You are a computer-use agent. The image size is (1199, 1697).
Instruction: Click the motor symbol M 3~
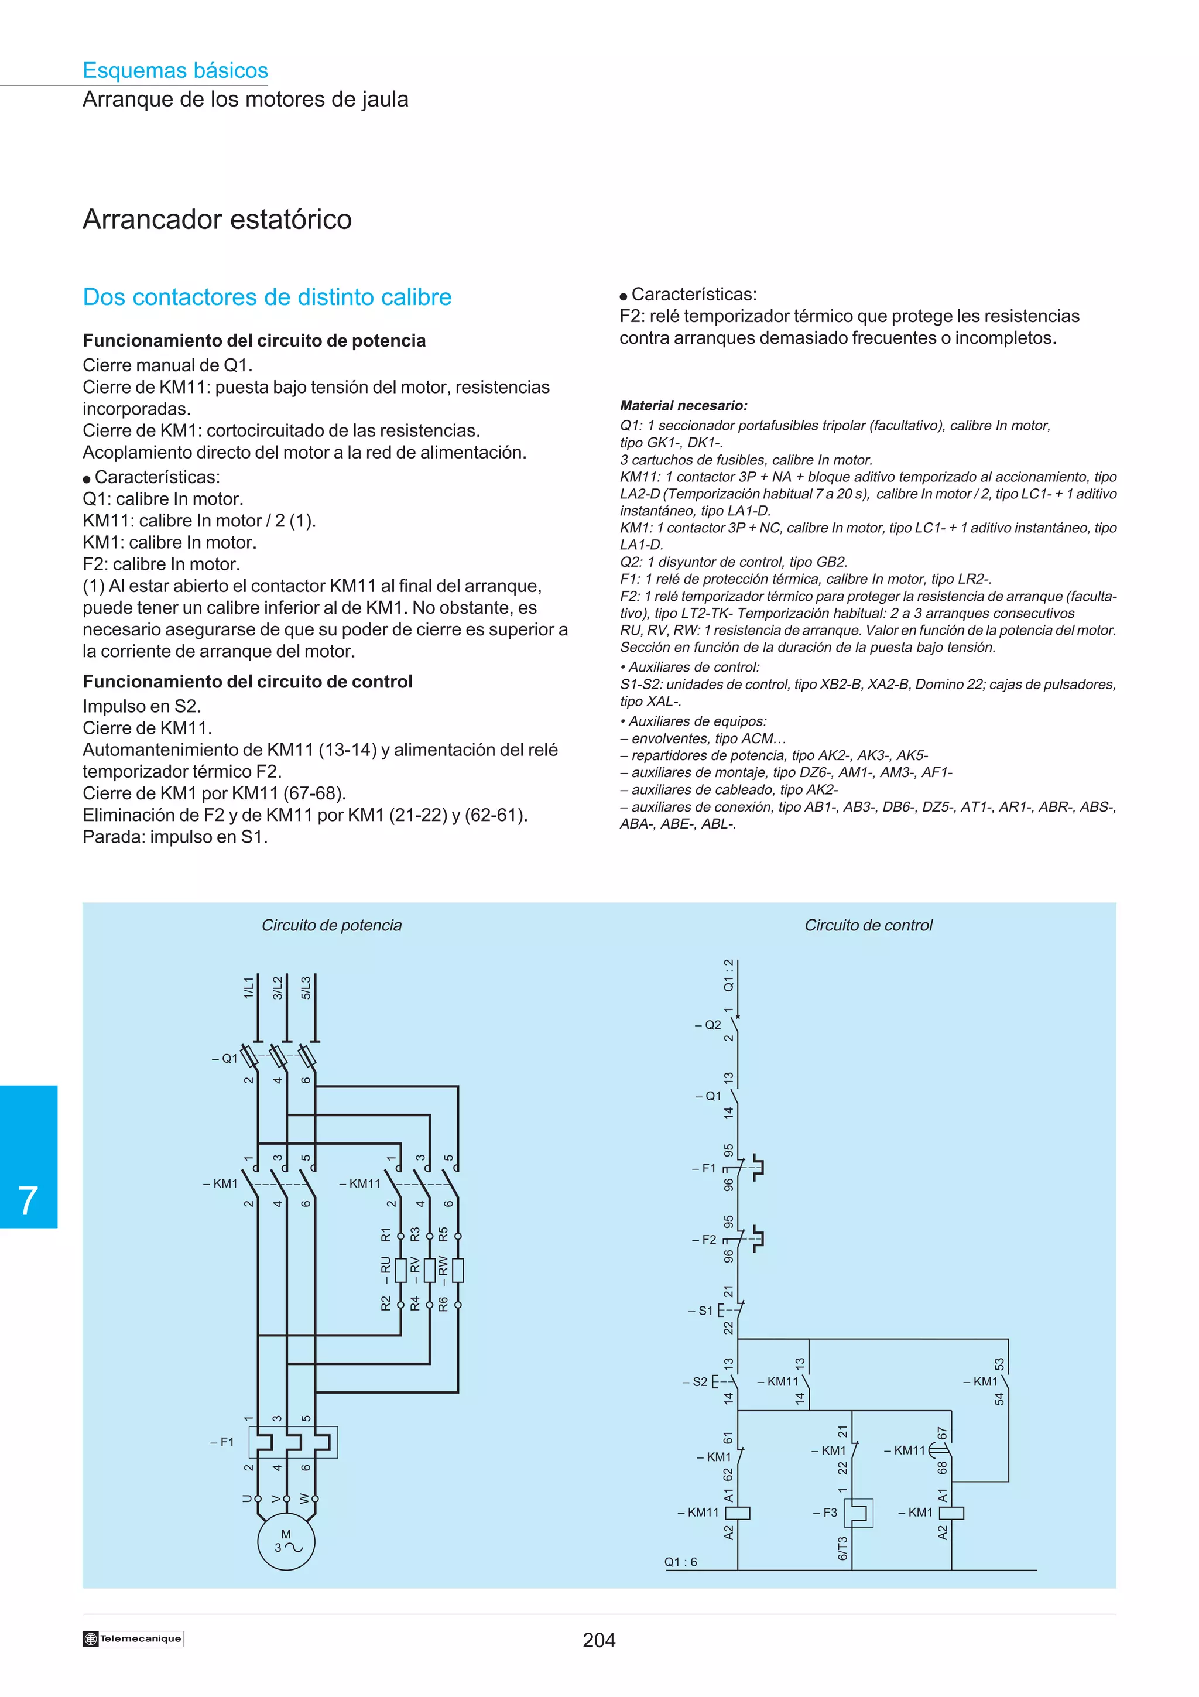click(286, 1542)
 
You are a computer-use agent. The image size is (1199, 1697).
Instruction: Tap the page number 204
click(598, 1640)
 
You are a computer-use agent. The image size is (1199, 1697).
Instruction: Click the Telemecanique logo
click(133, 1638)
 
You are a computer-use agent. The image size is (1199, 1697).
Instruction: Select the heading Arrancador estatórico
click(217, 220)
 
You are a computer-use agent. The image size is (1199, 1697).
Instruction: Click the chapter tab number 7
click(28, 1201)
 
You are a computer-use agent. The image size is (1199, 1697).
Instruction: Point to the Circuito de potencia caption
click(332, 925)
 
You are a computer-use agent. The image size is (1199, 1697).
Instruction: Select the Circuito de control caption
click(868, 925)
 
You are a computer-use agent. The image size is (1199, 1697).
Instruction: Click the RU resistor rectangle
click(401, 1270)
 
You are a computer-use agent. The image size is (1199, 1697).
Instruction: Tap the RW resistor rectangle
click(458, 1270)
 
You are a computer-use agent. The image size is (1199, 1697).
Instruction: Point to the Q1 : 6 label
click(680, 1562)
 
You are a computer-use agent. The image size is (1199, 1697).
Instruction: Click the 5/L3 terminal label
click(306, 987)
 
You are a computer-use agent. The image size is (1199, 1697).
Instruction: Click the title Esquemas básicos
click(175, 70)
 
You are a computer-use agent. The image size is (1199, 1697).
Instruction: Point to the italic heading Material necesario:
click(683, 405)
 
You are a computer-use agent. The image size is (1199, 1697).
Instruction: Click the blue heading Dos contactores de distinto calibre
click(267, 297)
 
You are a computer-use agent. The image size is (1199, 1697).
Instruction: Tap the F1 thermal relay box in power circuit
click(293, 1442)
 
